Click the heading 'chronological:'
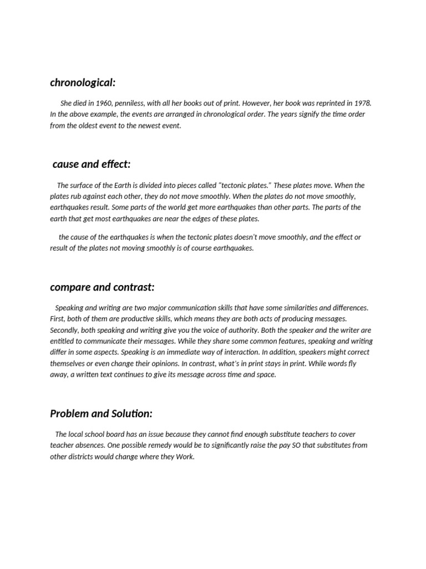[x=83, y=82]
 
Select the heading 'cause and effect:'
[x=92, y=164]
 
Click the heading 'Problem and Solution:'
[x=101, y=413]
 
